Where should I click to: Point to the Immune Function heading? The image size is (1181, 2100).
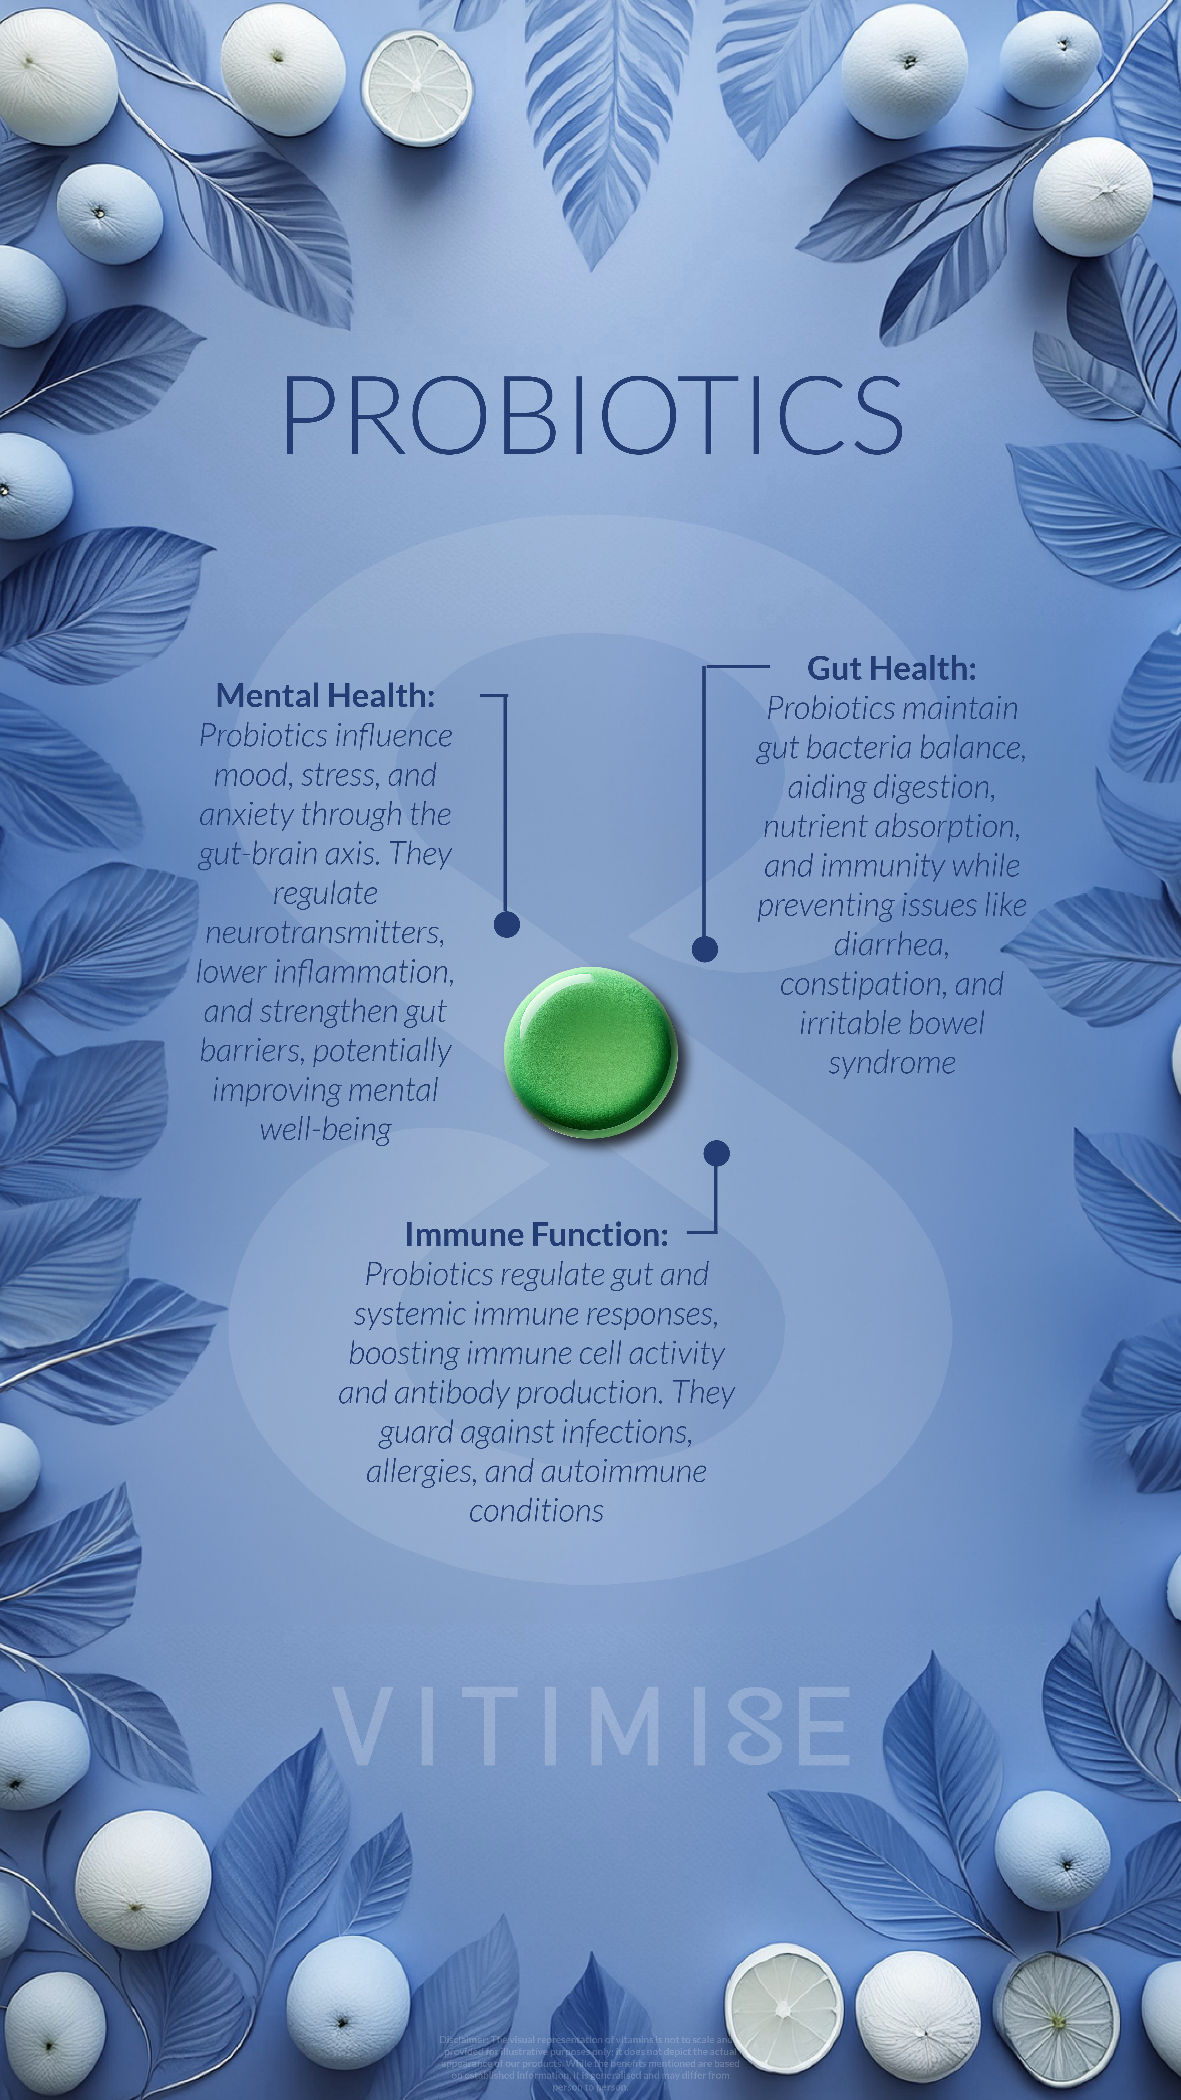[x=536, y=1234]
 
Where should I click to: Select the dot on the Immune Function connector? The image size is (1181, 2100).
[x=716, y=1153]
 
